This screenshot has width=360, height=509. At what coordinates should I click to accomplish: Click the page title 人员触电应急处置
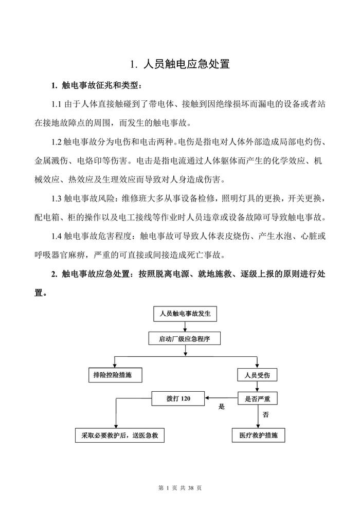(179, 65)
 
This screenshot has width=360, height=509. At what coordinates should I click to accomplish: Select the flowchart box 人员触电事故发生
(186, 313)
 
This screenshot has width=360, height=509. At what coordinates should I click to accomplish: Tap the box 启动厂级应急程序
(185, 338)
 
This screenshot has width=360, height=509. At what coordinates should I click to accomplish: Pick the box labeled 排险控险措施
(113, 375)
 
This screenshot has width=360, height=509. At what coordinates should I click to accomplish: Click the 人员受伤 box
(257, 375)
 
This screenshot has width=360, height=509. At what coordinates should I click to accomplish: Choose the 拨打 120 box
(178, 397)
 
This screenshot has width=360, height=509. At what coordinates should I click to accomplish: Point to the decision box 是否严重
(257, 397)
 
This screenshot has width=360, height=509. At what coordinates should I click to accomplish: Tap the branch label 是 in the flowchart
(222, 406)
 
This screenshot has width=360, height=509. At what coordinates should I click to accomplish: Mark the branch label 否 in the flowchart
(265, 414)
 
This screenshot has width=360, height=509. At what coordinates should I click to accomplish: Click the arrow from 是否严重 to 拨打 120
(221, 397)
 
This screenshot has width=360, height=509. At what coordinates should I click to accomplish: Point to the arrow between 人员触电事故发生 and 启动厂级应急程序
(185, 326)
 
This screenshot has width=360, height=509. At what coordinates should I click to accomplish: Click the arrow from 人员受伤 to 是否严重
(258, 387)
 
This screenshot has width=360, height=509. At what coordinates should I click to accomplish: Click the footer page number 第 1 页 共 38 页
(179, 487)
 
